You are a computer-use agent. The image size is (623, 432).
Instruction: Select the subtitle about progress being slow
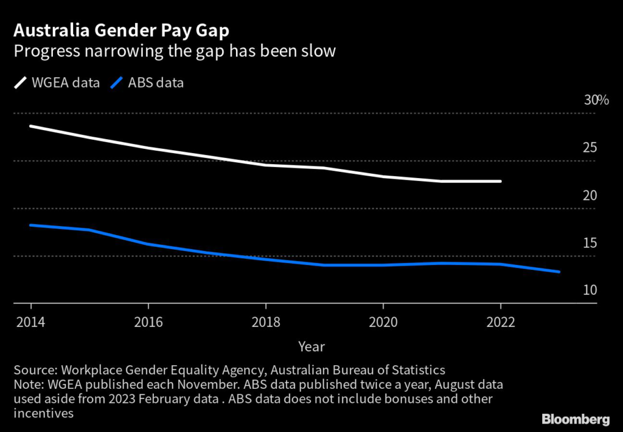pos(175,50)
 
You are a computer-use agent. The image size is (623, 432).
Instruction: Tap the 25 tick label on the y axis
pos(590,148)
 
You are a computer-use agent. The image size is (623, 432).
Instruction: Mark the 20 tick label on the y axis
pos(590,195)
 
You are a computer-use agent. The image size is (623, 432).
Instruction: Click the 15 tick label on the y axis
pos(590,243)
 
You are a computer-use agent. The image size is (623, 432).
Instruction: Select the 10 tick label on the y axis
pos(590,290)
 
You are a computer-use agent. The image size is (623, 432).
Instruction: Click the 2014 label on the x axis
pos(30,321)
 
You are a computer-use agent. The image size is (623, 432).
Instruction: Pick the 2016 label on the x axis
pos(148,321)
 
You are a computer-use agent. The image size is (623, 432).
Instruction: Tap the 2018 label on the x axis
pos(265,321)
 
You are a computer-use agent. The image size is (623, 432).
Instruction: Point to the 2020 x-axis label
pos(383,321)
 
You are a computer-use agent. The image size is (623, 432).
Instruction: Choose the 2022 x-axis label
pos(500,321)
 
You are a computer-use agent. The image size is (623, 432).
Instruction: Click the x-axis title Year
pos(311,347)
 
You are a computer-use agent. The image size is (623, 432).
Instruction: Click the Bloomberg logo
pos(576,419)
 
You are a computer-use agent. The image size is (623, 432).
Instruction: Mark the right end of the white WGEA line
pos(500,181)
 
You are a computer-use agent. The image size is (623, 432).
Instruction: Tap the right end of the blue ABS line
pos(559,272)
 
